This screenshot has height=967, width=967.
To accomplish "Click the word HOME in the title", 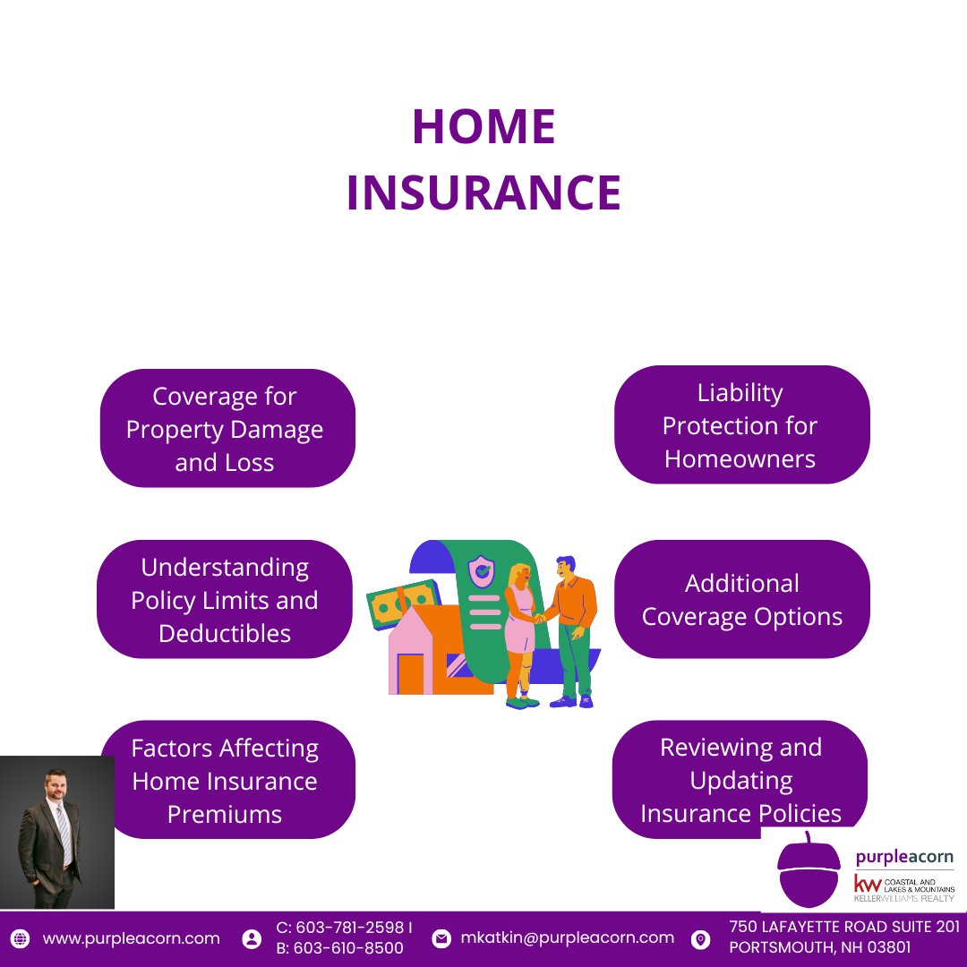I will pos(483,127).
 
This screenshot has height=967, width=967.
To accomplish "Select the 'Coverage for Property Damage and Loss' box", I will pos(227,429).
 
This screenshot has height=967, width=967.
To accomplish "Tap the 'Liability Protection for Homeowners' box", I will pos(741,425).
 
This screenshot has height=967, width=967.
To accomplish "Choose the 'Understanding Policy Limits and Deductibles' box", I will pos(224,600).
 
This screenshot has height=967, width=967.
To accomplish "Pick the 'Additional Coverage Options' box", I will pos(741,600).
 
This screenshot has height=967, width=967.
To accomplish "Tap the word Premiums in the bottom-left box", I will pos(225,814).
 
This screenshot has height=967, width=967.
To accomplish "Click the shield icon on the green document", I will pos(482,569).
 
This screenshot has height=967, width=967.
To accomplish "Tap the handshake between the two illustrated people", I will pos(539,617).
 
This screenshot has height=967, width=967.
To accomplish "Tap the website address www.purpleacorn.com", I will pos(131,938).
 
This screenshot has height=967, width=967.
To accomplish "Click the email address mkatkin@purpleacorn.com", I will pos(567,937).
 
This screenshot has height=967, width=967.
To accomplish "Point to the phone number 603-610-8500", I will pos(348,948).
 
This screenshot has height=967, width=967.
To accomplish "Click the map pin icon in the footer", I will pos(701,939).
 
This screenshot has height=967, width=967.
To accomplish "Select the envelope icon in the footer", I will pos(441,939).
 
